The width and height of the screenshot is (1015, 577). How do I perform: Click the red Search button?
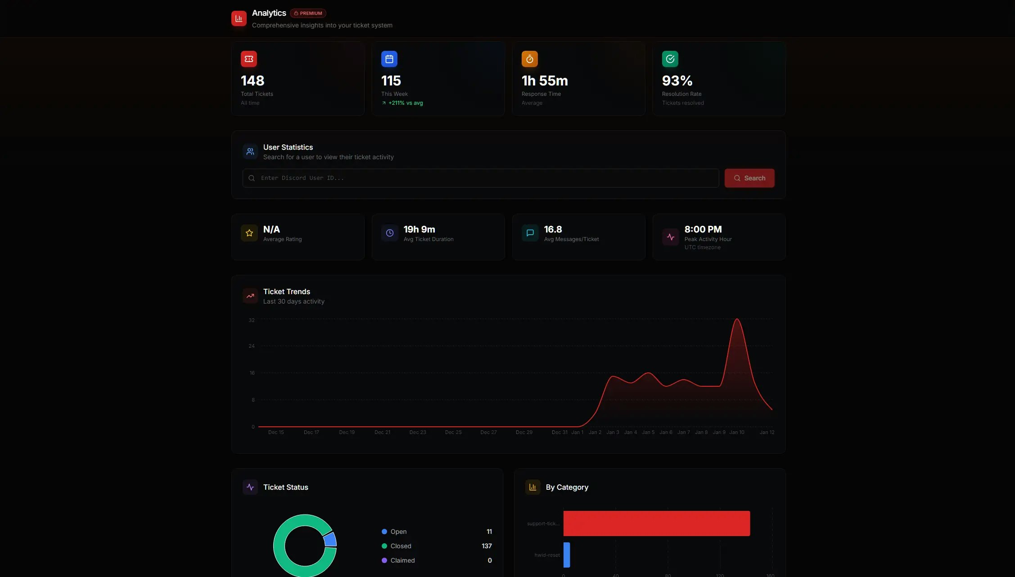(x=749, y=178)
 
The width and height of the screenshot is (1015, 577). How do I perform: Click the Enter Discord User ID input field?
(x=480, y=178)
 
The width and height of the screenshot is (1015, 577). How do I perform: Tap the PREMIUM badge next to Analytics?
(x=308, y=13)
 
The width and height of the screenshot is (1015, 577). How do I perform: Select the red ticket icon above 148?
(x=249, y=59)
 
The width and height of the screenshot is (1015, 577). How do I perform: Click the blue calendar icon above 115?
(x=389, y=59)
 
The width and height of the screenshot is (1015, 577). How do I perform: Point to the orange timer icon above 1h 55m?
(x=530, y=59)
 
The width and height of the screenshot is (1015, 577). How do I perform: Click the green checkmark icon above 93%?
(x=670, y=59)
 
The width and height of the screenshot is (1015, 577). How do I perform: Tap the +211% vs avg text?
(x=405, y=103)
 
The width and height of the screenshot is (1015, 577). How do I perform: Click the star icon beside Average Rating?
(x=249, y=233)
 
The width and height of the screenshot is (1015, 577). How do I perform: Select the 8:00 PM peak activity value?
(x=703, y=229)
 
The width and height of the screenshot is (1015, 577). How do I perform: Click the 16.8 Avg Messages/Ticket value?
(x=553, y=229)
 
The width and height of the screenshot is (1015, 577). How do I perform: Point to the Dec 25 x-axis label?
(x=453, y=432)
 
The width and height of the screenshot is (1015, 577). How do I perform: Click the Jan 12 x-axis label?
(x=767, y=432)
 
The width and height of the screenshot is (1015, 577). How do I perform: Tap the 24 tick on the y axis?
(x=252, y=346)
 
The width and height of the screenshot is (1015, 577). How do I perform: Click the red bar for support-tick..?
(x=656, y=523)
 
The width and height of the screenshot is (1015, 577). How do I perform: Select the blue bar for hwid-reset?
(x=567, y=555)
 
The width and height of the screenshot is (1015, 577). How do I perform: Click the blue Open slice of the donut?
(x=330, y=539)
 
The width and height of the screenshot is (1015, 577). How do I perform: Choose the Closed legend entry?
(x=401, y=546)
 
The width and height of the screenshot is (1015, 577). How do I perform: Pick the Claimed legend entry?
(x=402, y=560)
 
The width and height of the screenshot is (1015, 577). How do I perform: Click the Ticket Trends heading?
(x=287, y=291)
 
